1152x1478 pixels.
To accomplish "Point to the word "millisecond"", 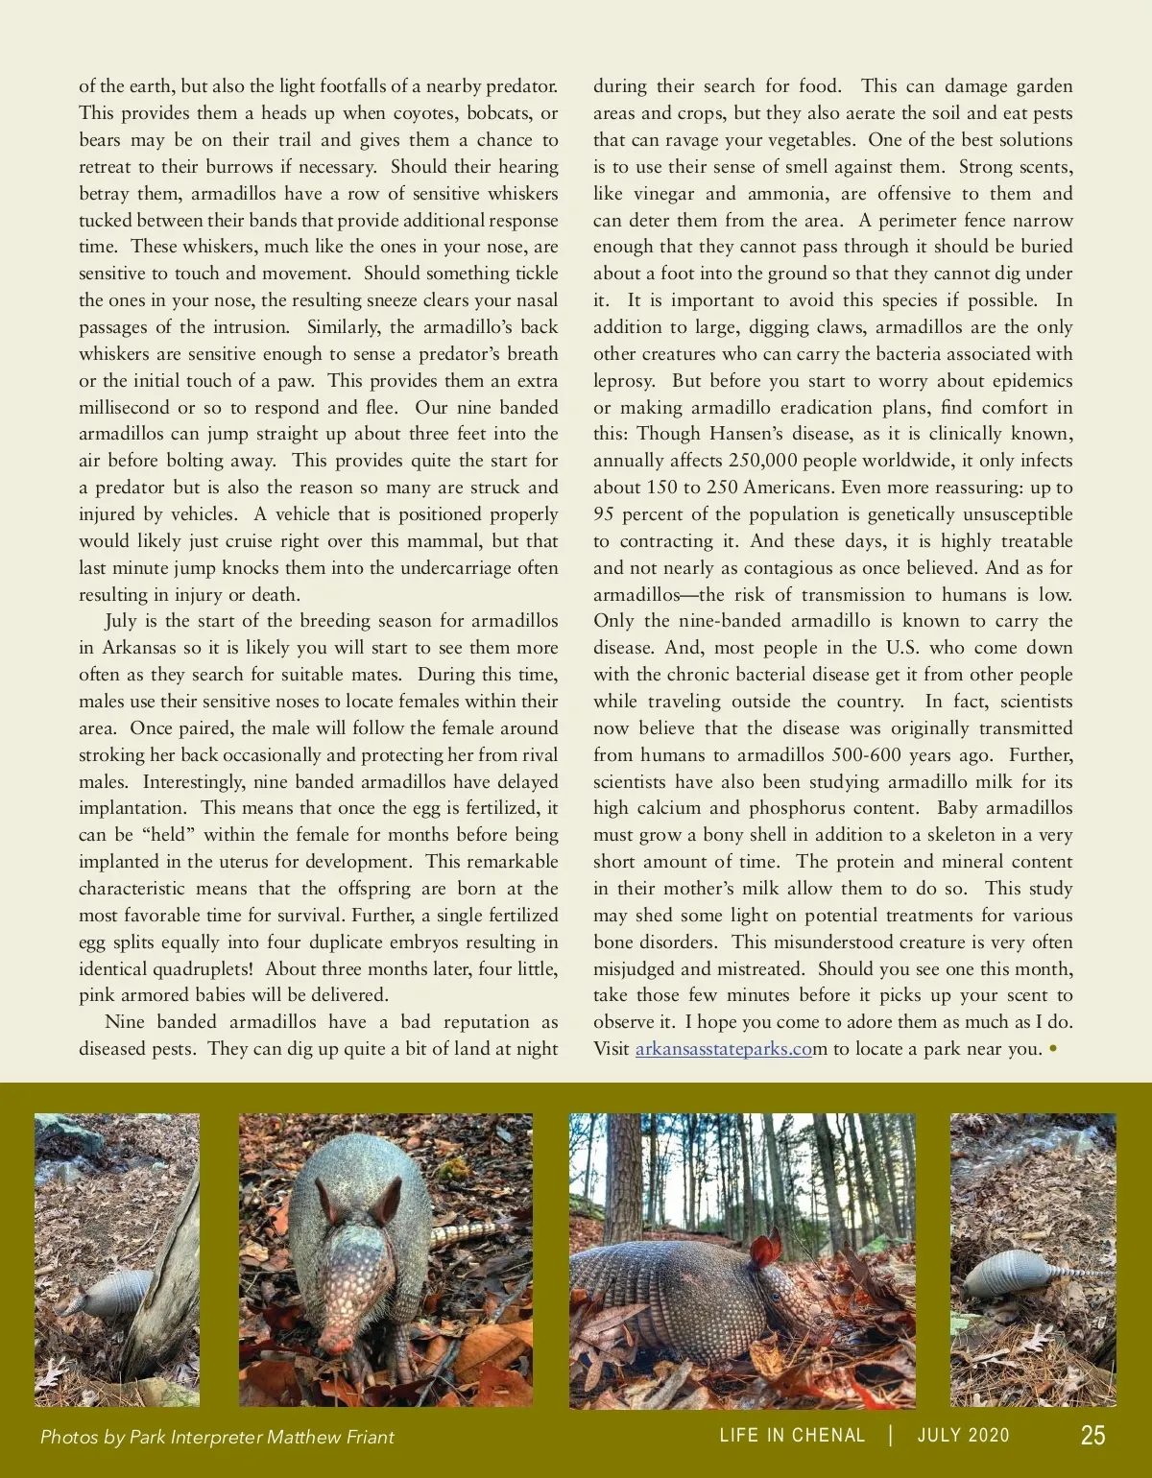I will (x=124, y=408).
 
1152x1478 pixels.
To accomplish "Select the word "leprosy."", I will (x=624, y=381).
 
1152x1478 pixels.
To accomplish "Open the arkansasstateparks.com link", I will (x=724, y=1049).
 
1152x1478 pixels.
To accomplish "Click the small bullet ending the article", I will (x=1053, y=1049).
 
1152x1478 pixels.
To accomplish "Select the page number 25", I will (x=1092, y=1436).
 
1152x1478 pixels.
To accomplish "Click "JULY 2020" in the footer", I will (x=963, y=1436).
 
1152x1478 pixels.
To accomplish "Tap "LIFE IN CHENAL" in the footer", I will (x=792, y=1436).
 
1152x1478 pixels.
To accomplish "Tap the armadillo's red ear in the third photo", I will (x=765, y=1252).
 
